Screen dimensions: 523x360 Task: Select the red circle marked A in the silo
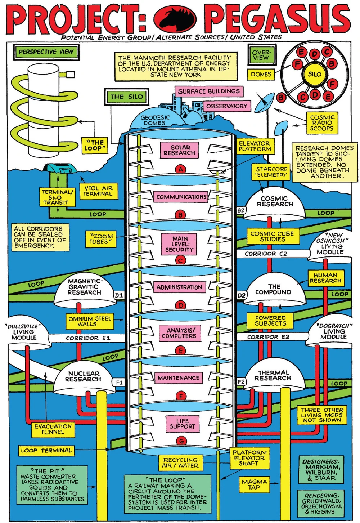coord(180,169)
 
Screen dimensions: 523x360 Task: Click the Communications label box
coord(181,197)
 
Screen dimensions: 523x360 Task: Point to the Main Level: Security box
coord(179,244)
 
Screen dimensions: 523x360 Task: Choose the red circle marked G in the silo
coord(181,441)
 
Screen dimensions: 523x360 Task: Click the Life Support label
coord(182,424)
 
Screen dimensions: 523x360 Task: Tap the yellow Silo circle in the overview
coord(314,74)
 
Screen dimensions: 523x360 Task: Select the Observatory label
coord(226,106)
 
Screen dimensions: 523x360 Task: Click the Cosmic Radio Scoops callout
coord(322,123)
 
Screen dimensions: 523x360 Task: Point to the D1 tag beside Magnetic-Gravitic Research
coord(119,295)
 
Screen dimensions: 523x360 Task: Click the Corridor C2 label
coord(266,254)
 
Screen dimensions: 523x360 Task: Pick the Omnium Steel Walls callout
coord(90,321)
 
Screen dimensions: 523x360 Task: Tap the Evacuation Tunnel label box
coord(53,429)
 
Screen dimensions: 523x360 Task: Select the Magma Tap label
coord(254,484)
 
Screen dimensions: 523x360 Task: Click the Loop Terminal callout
coord(46,451)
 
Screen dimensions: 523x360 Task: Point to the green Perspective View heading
coord(46,52)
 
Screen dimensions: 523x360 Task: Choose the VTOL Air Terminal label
coord(98,191)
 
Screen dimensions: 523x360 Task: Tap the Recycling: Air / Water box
coord(180,463)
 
